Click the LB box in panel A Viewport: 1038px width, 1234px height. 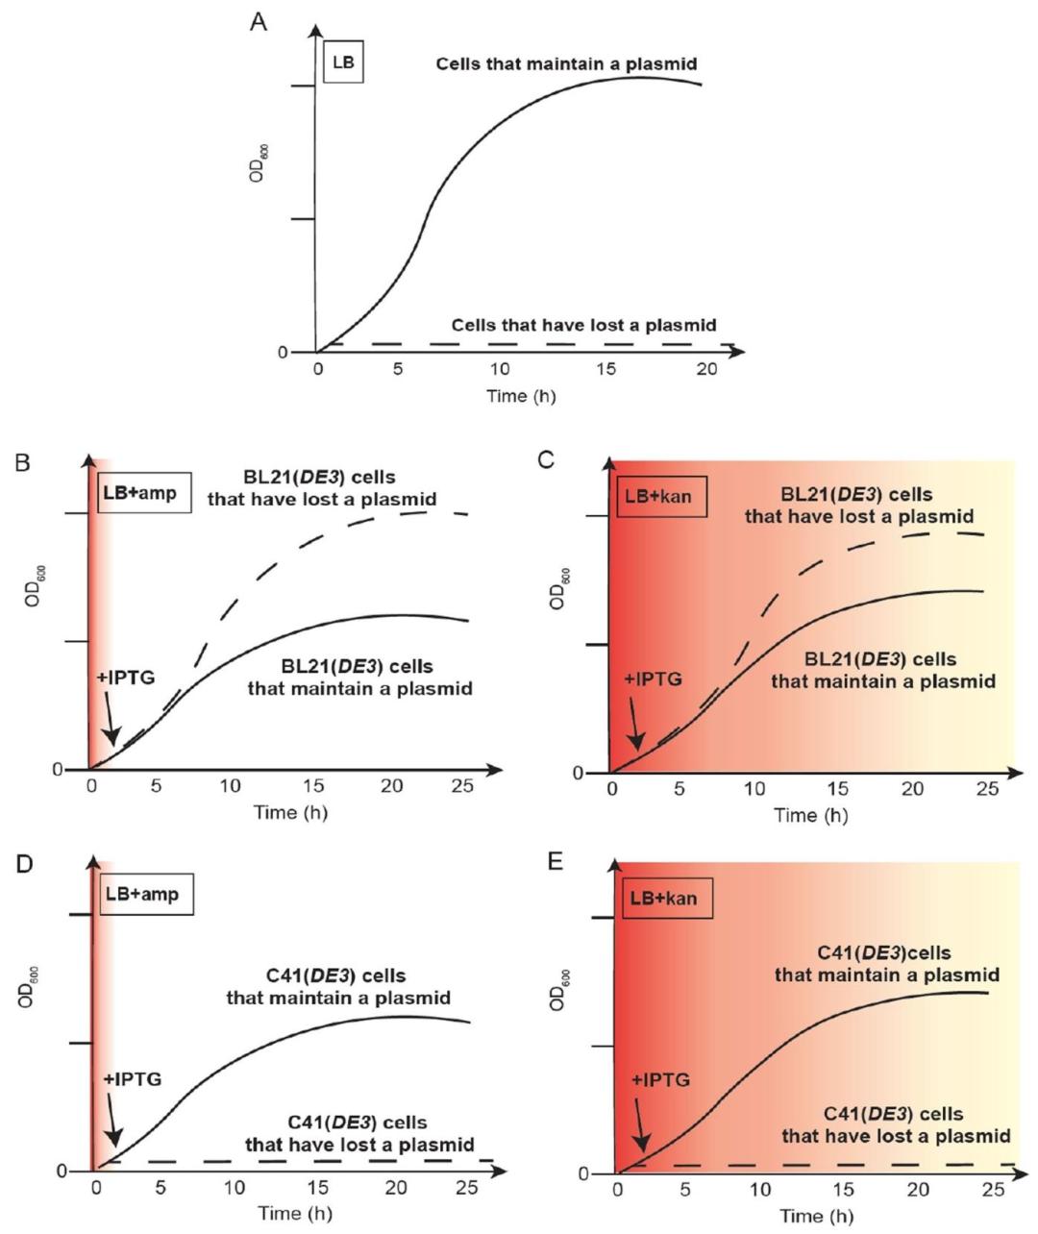pos(343,62)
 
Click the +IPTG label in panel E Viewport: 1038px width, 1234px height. pos(660,1080)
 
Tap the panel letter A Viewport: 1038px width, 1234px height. pos(258,21)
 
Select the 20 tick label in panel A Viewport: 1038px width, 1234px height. pos(706,370)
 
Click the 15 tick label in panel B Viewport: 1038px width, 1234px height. pos(314,786)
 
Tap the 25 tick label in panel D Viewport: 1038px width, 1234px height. pos(467,1188)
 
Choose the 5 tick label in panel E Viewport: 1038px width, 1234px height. pos(684,1190)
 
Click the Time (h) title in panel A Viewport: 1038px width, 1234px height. pos(520,396)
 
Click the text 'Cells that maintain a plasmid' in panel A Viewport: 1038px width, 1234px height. pos(566,64)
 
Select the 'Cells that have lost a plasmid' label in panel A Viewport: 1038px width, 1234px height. pos(583,326)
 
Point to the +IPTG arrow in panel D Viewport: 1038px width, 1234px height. pos(111,1122)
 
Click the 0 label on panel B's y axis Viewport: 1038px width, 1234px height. pos(58,770)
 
